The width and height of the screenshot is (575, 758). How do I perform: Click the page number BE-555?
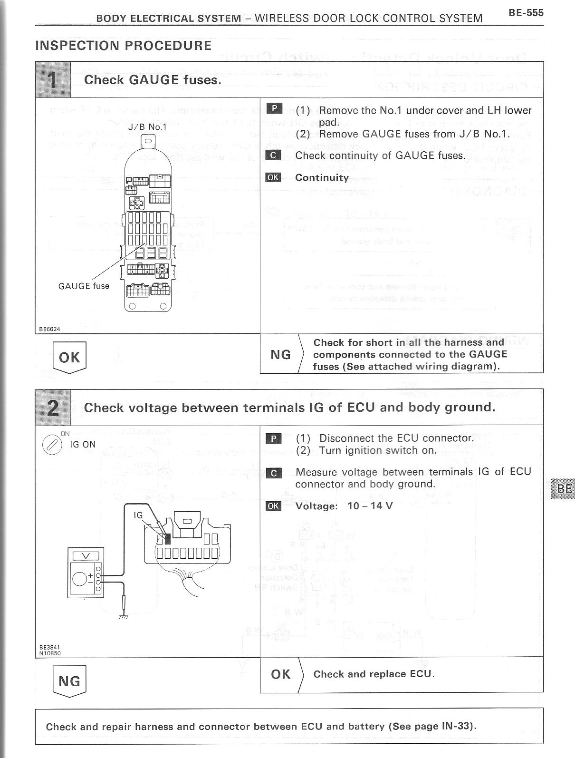(526, 12)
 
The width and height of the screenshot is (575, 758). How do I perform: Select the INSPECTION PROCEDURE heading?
(123, 46)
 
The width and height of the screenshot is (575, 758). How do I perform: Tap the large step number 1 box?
(53, 79)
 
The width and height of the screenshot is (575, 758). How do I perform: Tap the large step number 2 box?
(53, 407)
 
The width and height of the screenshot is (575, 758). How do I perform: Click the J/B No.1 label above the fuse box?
(147, 127)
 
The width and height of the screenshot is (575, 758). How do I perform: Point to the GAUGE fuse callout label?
(84, 286)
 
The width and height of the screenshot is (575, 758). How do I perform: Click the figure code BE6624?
(49, 329)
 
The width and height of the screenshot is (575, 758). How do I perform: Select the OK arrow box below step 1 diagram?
(69, 358)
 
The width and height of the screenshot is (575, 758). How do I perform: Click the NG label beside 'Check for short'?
(280, 354)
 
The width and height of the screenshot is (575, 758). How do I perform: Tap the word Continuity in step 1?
(322, 177)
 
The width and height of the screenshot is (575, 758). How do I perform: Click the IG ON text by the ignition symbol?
(83, 445)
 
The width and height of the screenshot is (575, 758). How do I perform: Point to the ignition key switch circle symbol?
(52, 445)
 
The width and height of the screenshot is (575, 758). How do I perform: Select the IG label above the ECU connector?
(138, 515)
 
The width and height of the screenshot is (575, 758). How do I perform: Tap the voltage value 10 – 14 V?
(370, 505)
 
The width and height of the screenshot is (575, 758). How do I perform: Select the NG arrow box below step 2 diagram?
(69, 681)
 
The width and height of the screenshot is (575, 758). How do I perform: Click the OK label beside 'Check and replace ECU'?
(280, 674)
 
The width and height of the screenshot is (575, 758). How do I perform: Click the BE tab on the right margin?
(564, 488)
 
